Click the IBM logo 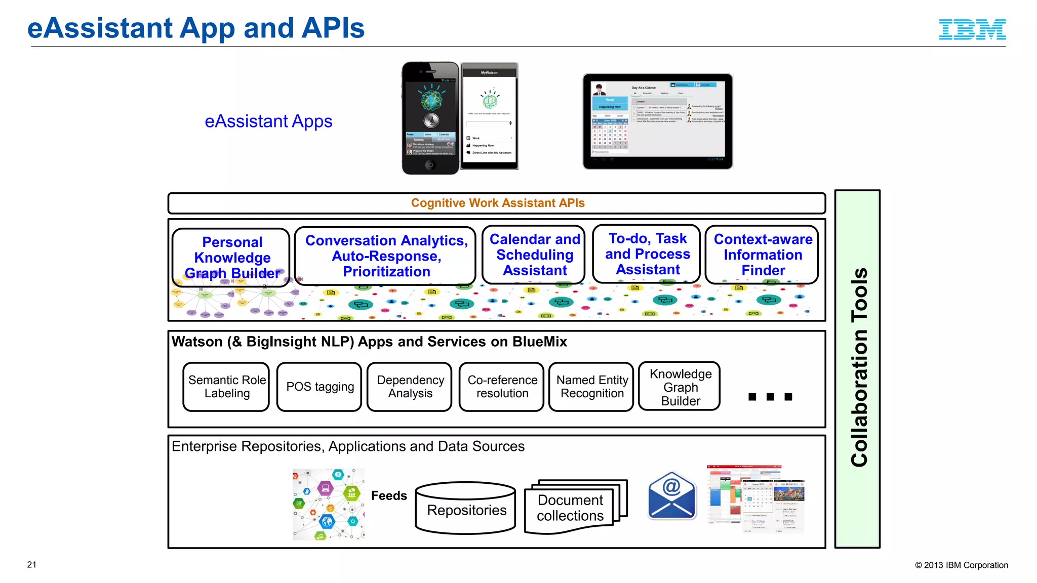972,29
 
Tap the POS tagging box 319,387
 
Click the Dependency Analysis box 410,387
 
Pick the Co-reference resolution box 501,387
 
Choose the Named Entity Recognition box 591,387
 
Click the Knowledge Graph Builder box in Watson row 680,387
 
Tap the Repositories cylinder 466,509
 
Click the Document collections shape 570,508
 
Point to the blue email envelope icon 672,496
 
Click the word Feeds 389,496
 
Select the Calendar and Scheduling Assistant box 534,255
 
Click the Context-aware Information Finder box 762,255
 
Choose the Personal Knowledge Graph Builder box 231,257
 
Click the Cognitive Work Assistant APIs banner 497,203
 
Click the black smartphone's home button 430,165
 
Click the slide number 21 32,565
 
